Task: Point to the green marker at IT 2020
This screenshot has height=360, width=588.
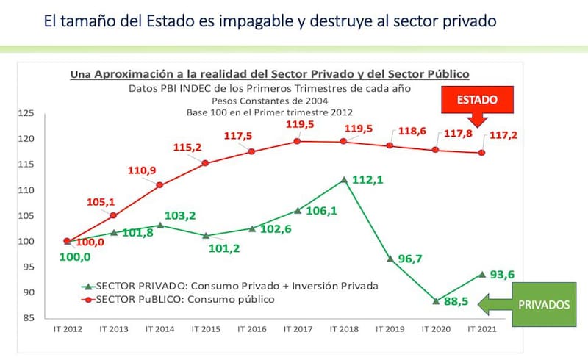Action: [x=436, y=300]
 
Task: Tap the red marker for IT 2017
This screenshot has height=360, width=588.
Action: [x=297, y=141]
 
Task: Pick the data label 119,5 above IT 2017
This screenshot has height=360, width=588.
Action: [x=299, y=125]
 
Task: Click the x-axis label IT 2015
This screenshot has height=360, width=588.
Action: [x=205, y=328]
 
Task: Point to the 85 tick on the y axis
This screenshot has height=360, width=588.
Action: [x=29, y=318]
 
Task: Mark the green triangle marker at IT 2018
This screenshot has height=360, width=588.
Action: [x=343, y=180]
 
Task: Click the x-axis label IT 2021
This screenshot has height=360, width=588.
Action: [x=481, y=328]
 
